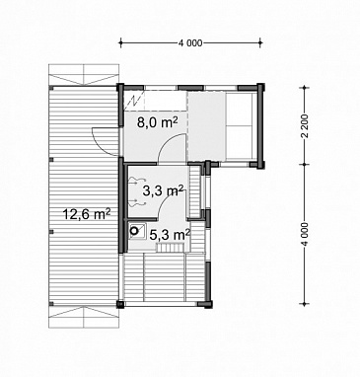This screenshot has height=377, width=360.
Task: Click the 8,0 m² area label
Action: [x=158, y=122]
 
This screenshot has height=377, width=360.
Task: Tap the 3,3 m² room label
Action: [x=163, y=190]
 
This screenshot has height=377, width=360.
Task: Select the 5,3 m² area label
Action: [x=170, y=234]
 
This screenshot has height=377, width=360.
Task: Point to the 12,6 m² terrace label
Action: [x=87, y=214]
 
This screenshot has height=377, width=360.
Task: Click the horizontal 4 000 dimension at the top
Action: [x=190, y=42]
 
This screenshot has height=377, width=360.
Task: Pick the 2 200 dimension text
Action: [x=306, y=126]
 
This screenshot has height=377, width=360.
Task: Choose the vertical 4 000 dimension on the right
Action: [x=306, y=234]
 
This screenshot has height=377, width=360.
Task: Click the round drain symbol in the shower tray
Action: [x=134, y=231]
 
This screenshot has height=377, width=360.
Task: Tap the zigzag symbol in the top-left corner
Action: [x=134, y=100]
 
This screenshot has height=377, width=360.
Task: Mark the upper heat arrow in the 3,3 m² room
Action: [x=137, y=180]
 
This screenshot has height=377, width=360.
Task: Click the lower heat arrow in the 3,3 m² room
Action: [x=137, y=202]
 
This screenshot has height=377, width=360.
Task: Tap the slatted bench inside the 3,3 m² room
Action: [x=195, y=192]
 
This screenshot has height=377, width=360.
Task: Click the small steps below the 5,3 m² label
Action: [x=170, y=248]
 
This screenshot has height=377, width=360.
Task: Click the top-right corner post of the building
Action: [x=260, y=88]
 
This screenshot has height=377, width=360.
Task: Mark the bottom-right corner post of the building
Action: [x=208, y=304]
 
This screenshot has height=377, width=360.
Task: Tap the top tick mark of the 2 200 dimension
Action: [x=306, y=88]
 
